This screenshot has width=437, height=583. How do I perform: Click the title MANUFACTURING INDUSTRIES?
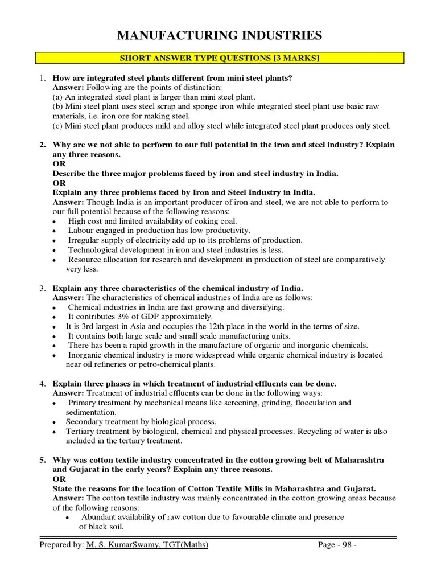pyautogui.click(x=219, y=36)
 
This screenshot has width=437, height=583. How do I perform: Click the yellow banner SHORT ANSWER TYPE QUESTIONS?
pyautogui.click(x=219, y=58)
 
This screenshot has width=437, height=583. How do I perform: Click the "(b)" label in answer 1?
pyautogui.click(x=58, y=106)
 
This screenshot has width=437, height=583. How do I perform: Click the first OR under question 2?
pyautogui.click(x=59, y=164)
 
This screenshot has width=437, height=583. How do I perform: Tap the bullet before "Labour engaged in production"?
pyautogui.click(x=53, y=231)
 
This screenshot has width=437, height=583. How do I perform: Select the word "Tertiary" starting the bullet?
pyautogui.click(x=81, y=431)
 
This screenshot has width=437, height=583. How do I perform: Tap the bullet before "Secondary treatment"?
pyautogui.click(x=53, y=422)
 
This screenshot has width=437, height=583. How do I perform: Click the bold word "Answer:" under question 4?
pyautogui.click(x=68, y=393)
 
